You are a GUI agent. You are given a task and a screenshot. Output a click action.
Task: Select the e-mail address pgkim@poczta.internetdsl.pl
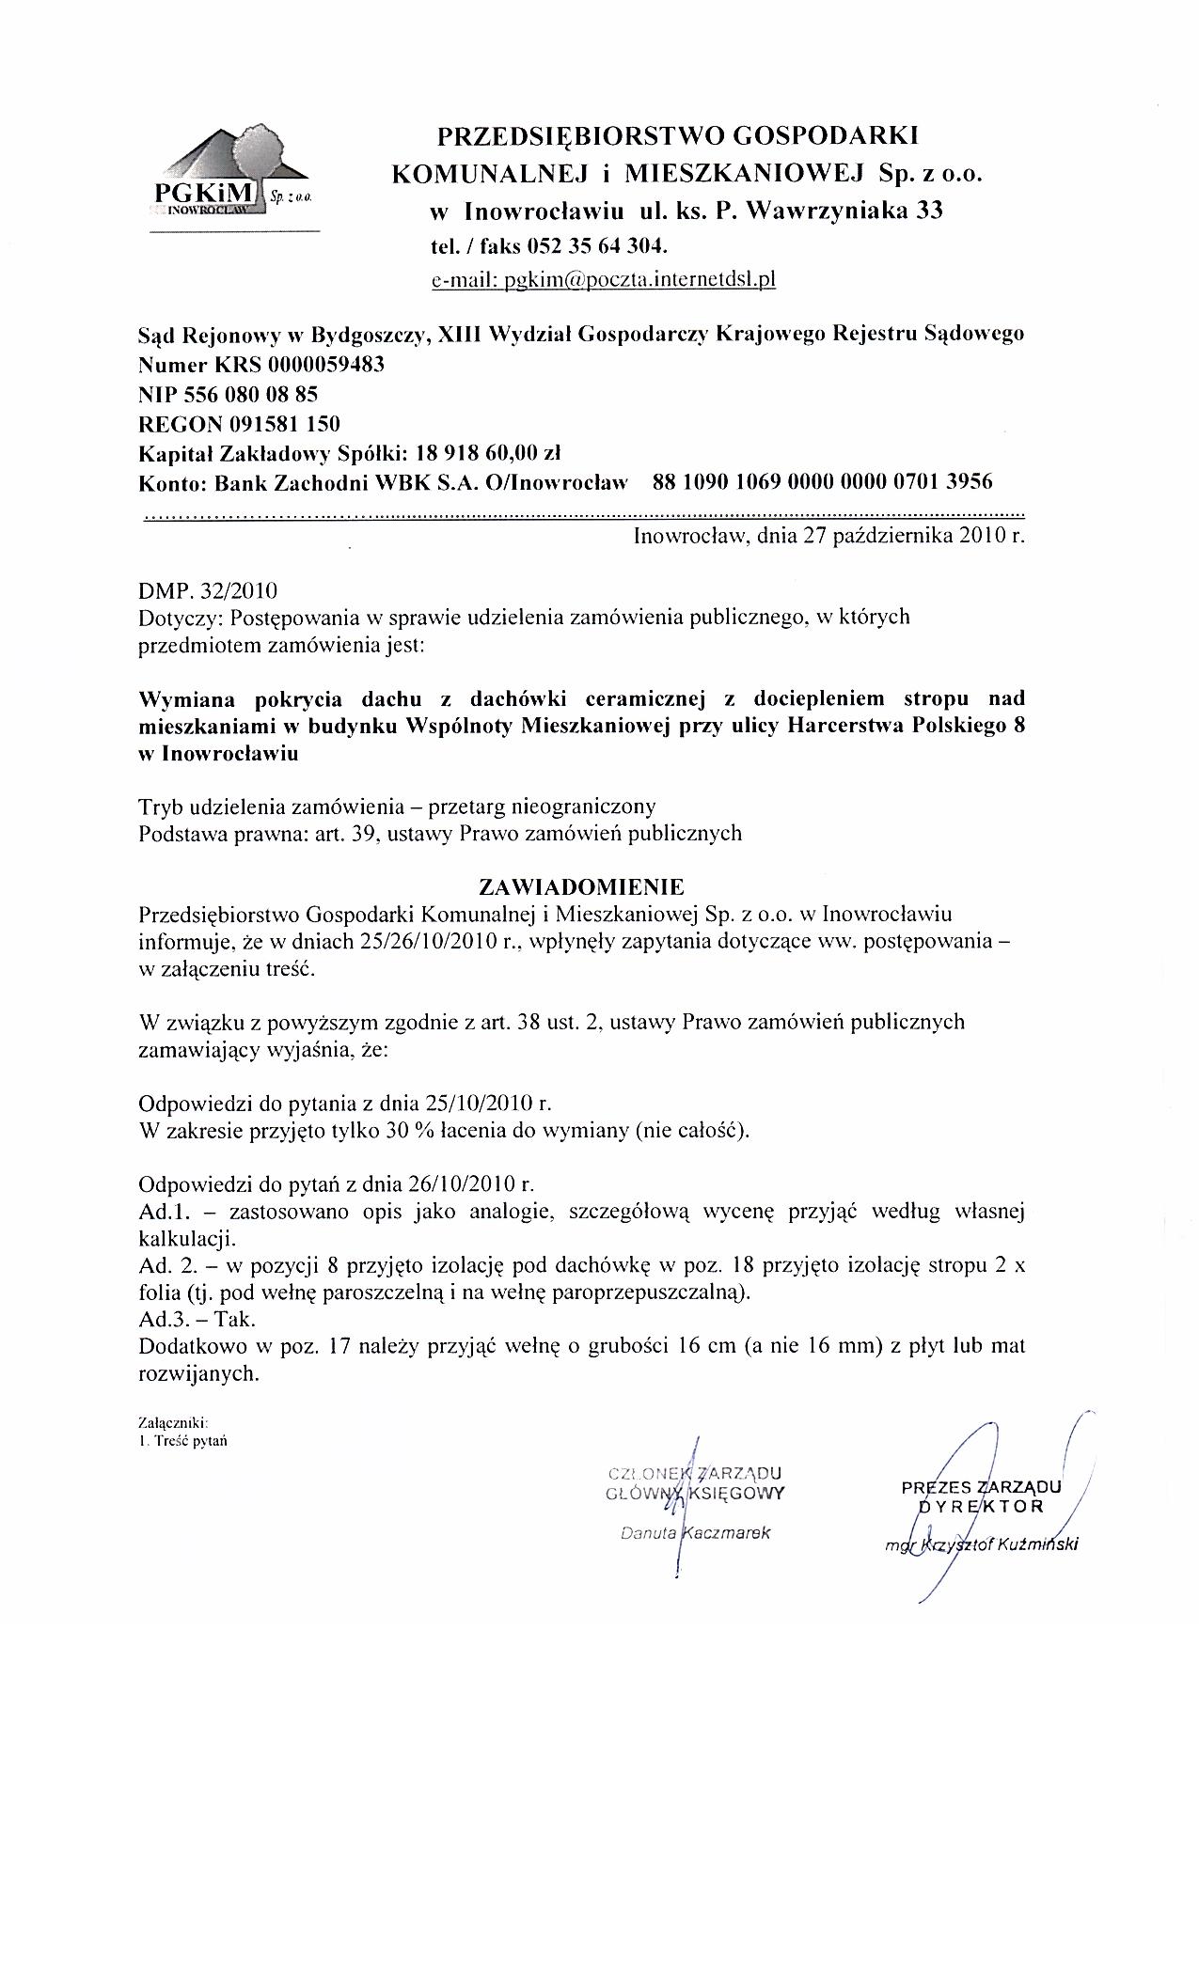click(x=603, y=280)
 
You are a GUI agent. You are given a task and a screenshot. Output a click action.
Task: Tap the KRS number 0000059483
click(x=326, y=364)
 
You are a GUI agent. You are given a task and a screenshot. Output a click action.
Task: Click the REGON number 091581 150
click(x=281, y=423)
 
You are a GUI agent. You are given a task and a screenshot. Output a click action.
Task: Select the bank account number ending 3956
click(x=822, y=482)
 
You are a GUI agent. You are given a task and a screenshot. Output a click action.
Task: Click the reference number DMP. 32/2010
click(x=208, y=591)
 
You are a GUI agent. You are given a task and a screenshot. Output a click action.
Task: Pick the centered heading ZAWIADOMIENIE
click(x=582, y=886)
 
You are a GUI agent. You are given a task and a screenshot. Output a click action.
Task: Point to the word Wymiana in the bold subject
click(x=185, y=698)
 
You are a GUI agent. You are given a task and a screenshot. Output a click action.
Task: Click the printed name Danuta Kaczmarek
click(x=696, y=1532)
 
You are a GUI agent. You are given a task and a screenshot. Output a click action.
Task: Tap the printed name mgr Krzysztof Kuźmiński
click(x=982, y=1543)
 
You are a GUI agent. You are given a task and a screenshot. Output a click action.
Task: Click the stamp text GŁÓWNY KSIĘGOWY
click(x=696, y=1492)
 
